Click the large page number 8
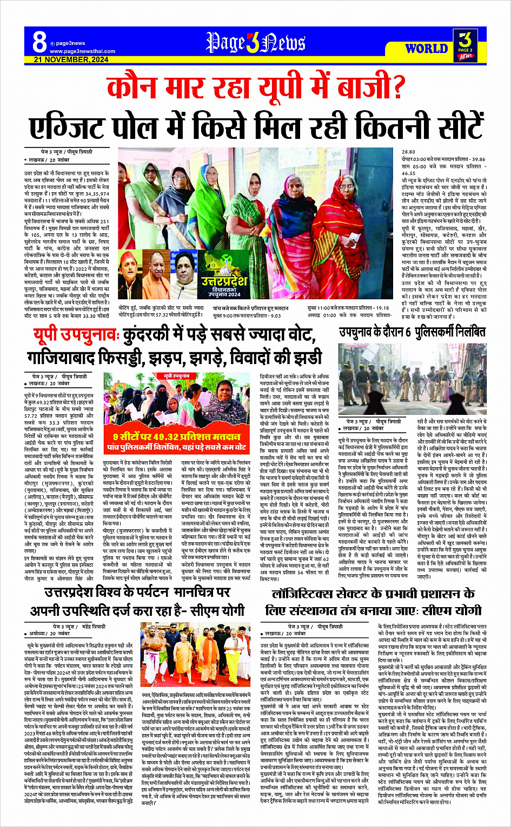(39, 42)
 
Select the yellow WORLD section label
(426, 49)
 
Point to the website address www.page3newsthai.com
(82, 51)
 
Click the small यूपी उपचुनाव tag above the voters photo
(177, 375)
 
